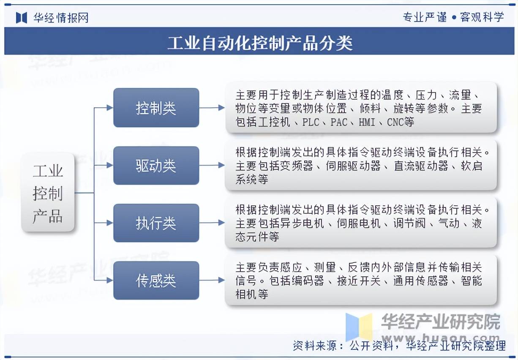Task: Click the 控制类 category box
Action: [156, 107]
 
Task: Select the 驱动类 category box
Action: [156, 165]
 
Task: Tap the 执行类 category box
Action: [156, 223]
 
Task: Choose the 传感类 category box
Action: [156, 281]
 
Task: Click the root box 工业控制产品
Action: [48, 192]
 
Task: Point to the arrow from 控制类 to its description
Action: [212, 107]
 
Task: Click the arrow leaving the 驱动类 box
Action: [212, 165]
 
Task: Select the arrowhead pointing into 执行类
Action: [110, 223]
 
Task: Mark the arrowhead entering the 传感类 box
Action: [110, 281]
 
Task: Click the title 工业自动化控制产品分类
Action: [260, 43]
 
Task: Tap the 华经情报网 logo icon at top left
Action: [22, 18]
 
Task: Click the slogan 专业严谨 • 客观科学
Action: [453, 17]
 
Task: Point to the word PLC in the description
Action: [311, 122]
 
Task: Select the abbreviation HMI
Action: [367, 122]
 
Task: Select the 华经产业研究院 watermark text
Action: [441, 322]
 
